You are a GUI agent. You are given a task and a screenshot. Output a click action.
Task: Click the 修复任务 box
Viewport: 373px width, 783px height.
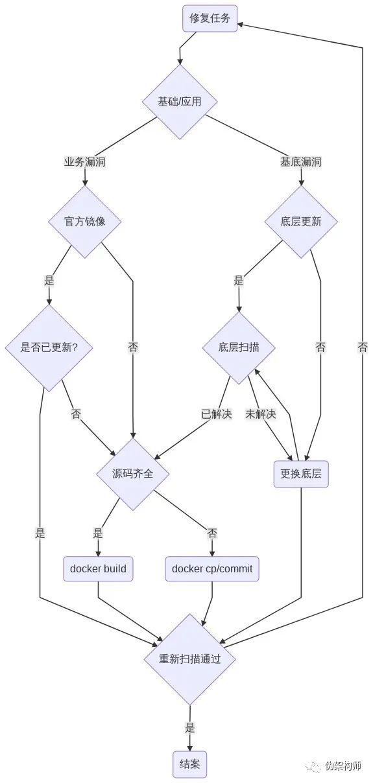point(210,18)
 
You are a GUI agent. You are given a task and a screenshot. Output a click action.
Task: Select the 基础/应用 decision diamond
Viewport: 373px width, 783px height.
point(180,102)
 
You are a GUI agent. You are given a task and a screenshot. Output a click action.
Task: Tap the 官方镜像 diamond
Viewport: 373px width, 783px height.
point(84,222)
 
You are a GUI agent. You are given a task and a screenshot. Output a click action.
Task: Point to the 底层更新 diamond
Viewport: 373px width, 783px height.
point(301,222)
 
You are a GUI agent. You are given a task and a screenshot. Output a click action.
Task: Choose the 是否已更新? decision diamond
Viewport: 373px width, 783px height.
point(49,347)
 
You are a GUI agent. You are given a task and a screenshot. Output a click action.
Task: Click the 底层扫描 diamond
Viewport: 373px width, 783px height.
point(239,347)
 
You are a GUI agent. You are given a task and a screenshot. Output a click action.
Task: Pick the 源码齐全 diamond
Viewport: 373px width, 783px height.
point(133,474)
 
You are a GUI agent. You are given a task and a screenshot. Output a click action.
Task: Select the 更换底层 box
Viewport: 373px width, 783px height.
point(301,474)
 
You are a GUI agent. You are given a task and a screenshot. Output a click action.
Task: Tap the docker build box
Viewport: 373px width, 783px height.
point(98,569)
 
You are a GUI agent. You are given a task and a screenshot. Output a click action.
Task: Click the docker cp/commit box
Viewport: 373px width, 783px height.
point(212,569)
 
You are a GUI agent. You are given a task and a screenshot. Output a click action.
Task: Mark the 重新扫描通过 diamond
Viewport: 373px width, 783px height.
point(190,659)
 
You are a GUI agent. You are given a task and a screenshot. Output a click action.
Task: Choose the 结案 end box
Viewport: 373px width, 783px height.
point(190,765)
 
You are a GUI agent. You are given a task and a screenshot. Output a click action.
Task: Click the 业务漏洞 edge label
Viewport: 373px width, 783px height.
point(84,162)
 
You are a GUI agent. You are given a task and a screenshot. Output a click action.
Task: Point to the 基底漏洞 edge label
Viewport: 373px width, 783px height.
point(301,162)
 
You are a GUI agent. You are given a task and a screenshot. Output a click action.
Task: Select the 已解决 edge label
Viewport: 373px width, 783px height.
point(216,414)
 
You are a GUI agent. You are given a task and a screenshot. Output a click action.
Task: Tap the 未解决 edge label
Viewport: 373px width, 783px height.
point(261,414)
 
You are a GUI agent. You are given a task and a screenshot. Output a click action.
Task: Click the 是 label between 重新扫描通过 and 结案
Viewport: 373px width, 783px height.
point(190,728)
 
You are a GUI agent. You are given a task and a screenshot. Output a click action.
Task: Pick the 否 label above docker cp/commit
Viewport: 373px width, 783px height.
point(212,533)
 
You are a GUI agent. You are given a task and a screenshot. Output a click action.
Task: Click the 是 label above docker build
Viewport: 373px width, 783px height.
point(98,533)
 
